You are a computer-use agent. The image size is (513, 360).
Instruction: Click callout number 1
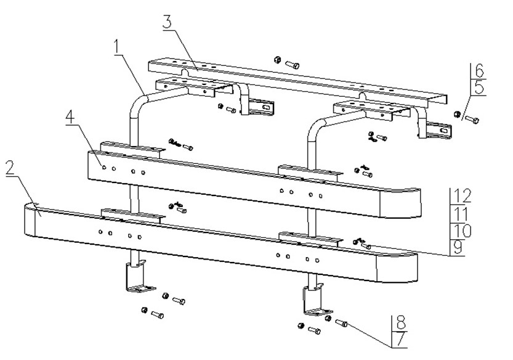click(x=118, y=47)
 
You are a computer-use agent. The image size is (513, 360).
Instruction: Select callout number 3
click(x=167, y=22)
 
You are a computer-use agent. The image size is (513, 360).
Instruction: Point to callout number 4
click(x=70, y=117)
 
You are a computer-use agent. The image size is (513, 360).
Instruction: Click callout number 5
click(x=479, y=88)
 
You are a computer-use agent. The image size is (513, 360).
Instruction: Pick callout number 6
click(x=479, y=70)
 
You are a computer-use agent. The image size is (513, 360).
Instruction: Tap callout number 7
click(x=401, y=339)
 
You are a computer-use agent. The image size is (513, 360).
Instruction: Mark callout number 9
click(x=458, y=247)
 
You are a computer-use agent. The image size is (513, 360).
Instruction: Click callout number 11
click(x=462, y=213)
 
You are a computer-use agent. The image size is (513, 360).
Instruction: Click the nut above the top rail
click(x=277, y=60)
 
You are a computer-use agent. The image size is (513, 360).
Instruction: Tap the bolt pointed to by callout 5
click(x=472, y=119)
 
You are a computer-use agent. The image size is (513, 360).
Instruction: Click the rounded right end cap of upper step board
click(x=400, y=203)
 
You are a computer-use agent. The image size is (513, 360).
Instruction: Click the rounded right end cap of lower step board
click(x=397, y=267)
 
